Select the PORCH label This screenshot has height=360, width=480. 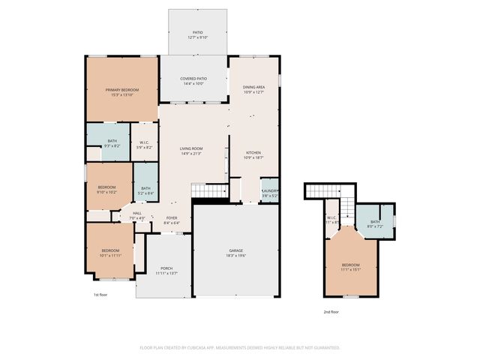tap(166, 270)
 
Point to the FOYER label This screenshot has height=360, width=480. tap(172, 220)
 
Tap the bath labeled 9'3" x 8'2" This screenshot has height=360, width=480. tap(112, 142)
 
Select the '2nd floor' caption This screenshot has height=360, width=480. tap(331, 311)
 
